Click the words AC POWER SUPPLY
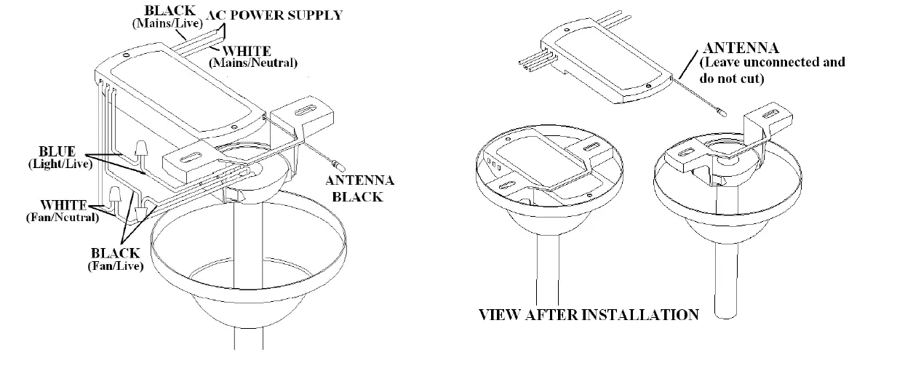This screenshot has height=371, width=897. [x=274, y=15]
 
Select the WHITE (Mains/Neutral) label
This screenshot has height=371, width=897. [x=252, y=57]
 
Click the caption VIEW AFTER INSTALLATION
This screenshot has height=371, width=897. [x=587, y=314]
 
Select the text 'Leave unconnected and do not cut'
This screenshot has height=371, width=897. [x=771, y=69]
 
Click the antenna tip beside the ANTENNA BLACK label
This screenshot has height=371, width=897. [x=334, y=159]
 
